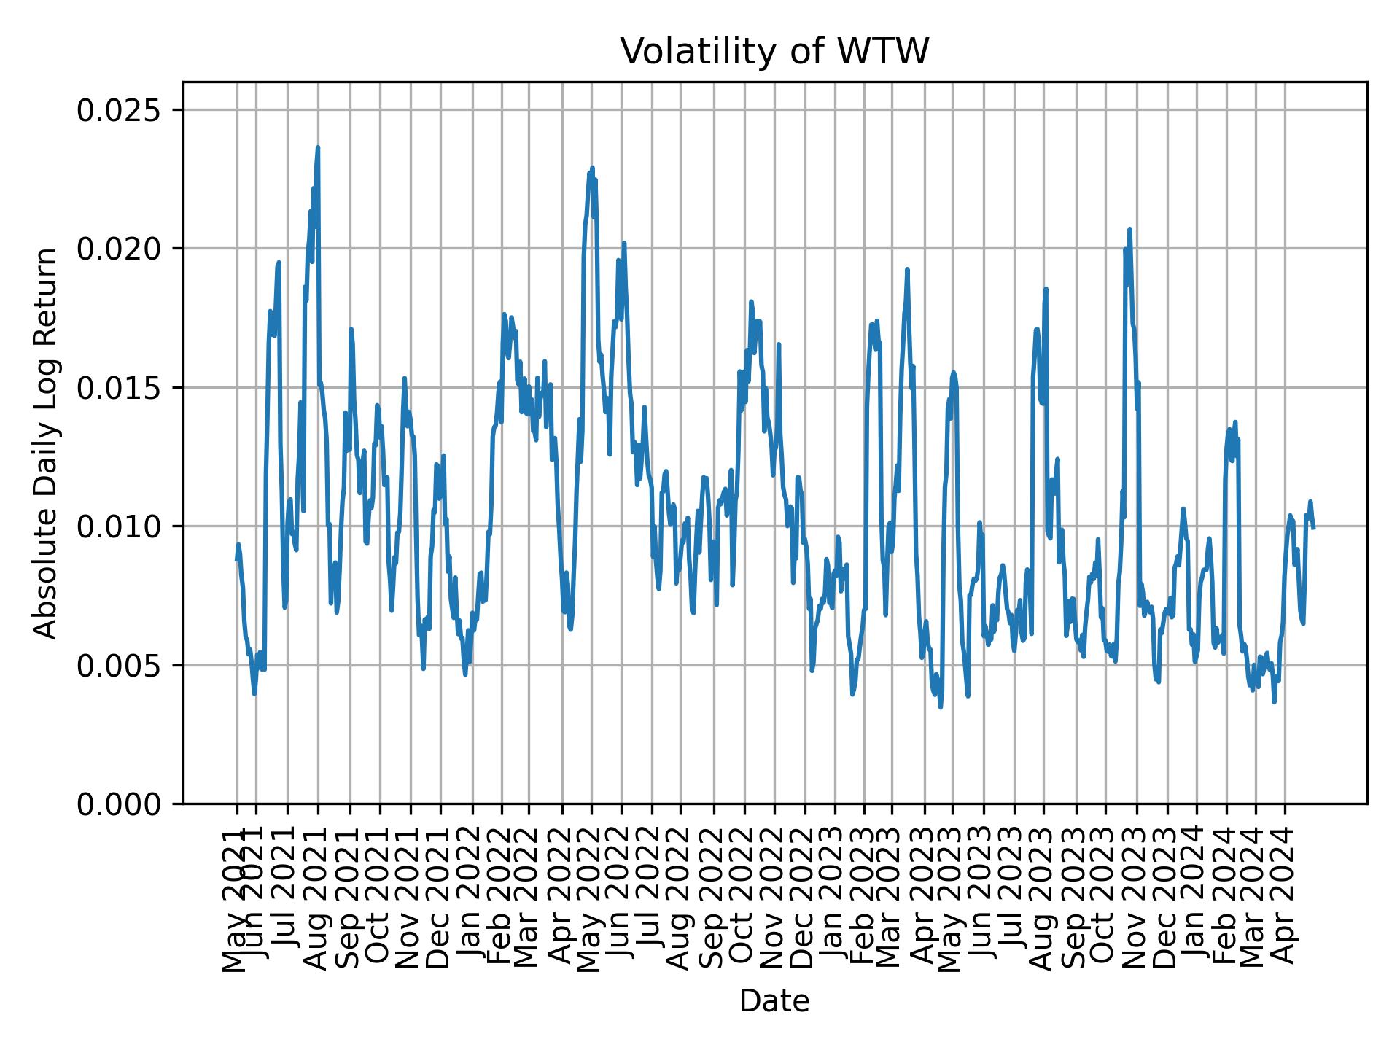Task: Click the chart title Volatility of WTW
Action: click(774, 52)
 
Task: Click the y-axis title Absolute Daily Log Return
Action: click(47, 443)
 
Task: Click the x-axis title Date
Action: click(774, 1001)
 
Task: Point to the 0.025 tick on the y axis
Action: click(119, 110)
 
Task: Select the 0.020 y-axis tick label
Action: click(119, 249)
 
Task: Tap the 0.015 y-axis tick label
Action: click(119, 387)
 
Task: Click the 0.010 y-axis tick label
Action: click(119, 526)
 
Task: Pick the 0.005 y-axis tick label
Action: click(119, 665)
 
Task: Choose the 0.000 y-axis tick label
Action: click(119, 804)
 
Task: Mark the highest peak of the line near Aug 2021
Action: click(318, 147)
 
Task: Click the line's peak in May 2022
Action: click(592, 168)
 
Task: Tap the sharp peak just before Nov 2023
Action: click(1129, 229)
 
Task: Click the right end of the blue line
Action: click(1313, 527)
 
